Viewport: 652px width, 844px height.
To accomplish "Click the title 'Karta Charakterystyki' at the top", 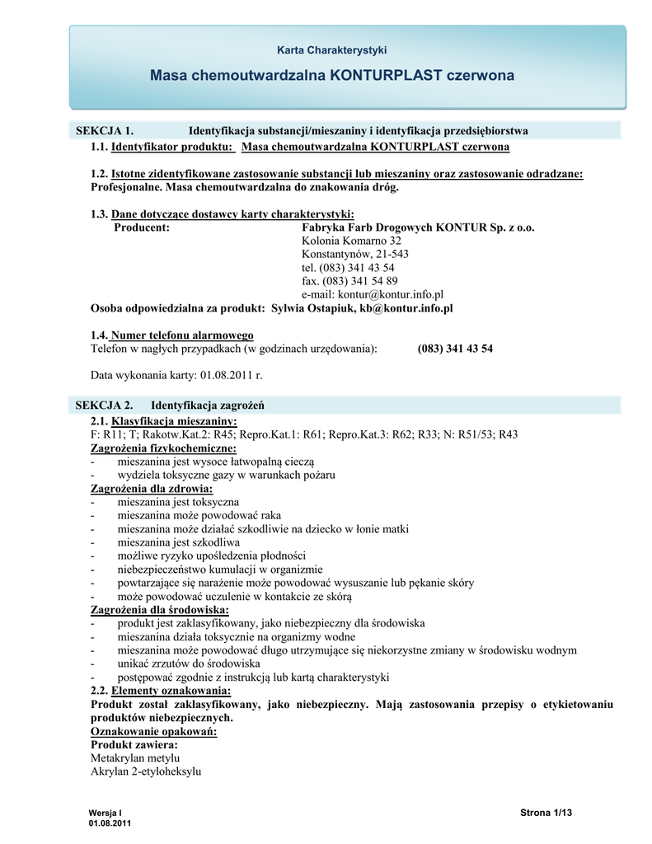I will [331, 50].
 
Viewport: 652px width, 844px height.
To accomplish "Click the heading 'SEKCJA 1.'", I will [105, 131].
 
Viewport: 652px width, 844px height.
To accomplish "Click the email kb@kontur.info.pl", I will [406, 308].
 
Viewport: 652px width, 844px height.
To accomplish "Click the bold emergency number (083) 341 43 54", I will [455, 349].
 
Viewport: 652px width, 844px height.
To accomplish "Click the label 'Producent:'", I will [142, 227].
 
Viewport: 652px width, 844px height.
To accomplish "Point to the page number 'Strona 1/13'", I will [546, 814].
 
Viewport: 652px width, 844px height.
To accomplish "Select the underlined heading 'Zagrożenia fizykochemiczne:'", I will [163, 448].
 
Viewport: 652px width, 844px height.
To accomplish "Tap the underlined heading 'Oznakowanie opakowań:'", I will [153, 732].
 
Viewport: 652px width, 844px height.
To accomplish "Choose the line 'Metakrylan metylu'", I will [134, 758].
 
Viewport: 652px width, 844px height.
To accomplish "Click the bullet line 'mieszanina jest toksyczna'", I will [178, 502].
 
